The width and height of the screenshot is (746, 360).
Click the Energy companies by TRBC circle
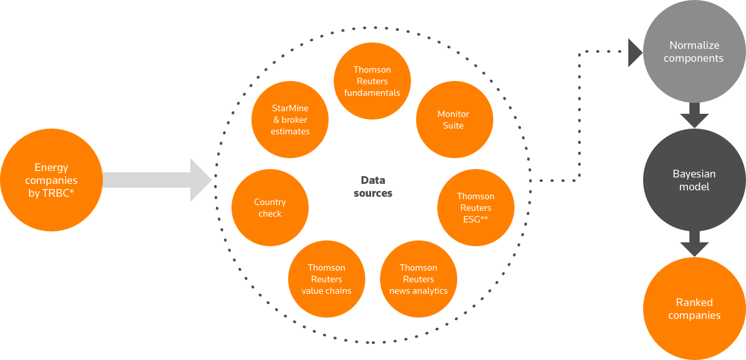coord(51,180)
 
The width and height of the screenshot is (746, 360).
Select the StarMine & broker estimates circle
coord(290,120)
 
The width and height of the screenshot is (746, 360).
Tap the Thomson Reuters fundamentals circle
coord(372,81)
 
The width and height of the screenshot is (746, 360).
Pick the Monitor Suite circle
coord(453,120)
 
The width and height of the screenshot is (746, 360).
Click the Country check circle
coord(270,208)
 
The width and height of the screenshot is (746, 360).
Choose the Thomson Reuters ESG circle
coord(476,208)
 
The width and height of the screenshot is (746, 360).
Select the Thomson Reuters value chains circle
coord(327,279)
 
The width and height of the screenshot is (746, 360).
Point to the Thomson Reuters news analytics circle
coord(419,279)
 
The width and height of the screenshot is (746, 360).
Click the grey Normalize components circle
coord(694,51)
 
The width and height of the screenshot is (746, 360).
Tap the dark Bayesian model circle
coord(694,180)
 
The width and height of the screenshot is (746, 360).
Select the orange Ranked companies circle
coord(694,309)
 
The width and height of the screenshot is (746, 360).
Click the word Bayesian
coord(694,174)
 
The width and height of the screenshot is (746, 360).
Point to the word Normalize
coord(694,46)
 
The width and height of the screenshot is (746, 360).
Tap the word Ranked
coord(694,302)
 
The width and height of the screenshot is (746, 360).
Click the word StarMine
coord(290,108)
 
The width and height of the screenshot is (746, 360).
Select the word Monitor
coord(453,114)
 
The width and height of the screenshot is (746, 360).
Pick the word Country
coord(270,202)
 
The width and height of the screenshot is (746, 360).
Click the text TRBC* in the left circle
coord(59,192)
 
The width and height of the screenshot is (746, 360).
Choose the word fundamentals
coord(372,93)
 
